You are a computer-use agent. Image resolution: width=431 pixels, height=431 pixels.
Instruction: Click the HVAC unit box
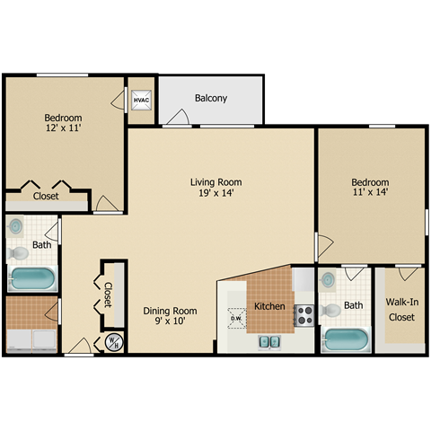pos(142,101)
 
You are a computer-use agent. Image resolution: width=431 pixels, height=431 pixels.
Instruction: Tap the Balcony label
pos(211,99)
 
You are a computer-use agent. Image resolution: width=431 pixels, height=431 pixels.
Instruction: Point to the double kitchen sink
pos(269,341)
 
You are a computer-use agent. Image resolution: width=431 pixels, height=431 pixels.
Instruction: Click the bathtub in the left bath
pos(33,277)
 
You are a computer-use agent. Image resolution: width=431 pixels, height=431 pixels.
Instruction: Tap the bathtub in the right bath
pos(346,340)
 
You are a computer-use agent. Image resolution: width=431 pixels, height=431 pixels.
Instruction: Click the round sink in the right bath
pos(329,279)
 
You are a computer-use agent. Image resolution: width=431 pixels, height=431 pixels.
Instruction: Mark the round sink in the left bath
pos(18,227)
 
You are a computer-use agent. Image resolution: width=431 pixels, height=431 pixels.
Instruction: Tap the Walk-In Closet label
pos(400,310)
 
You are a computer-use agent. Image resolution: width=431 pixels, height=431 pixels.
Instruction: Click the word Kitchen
pos(269,306)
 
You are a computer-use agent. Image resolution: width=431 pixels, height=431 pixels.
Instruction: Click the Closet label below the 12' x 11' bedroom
pos(46,196)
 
